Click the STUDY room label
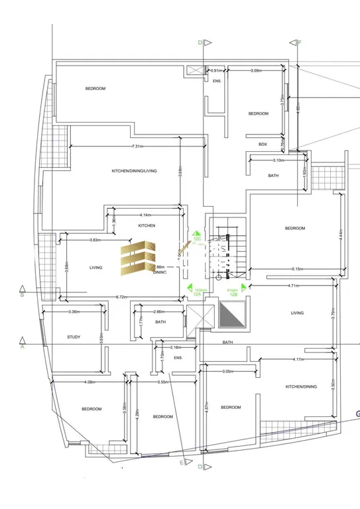point(74,337)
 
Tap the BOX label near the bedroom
point(263,144)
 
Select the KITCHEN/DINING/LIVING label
point(134,171)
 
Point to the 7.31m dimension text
point(139,146)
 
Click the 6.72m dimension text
point(121,296)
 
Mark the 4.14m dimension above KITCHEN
point(146,215)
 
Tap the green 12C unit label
point(196,235)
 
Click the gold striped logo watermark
point(139,259)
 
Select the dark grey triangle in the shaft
point(231,314)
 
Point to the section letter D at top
point(200,42)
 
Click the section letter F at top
point(299,42)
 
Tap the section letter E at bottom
point(181,464)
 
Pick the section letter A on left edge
point(22,346)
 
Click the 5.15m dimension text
point(298,268)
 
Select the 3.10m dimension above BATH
point(278,160)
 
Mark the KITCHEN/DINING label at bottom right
point(301,386)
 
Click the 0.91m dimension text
point(215,70)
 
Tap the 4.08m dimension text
point(90,382)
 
